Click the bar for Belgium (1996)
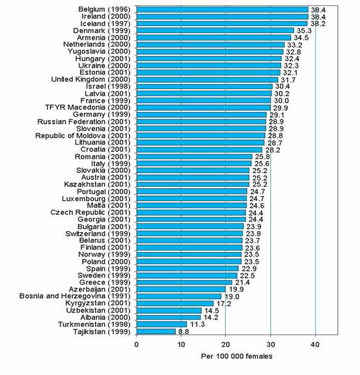click(x=223, y=10)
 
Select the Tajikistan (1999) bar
click(x=156, y=331)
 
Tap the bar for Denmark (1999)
click(x=215, y=31)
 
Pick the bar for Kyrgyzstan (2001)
click(x=175, y=303)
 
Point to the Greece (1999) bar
click(x=184, y=283)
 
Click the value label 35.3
click(x=304, y=31)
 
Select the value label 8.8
click(x=184, y=332)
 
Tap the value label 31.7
click(x=288, y=80)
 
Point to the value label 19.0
click(x=232, y=297)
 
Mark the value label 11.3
click(x=198, y=324)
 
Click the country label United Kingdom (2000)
click(x=91, y=79)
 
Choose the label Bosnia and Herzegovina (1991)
click(x=75, y=296)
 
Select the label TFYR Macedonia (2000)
click(x=88, y=107)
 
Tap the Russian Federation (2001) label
click(x=84, y=122)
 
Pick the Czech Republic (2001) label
click(x=90, y=212)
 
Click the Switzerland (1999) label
click(x=98, y=234)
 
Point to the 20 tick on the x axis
click(x=225, y=344)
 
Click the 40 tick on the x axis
click(x=315, y=344)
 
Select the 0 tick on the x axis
click(x=137, y=344)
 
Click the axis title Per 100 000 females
click(x=236, y=356)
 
